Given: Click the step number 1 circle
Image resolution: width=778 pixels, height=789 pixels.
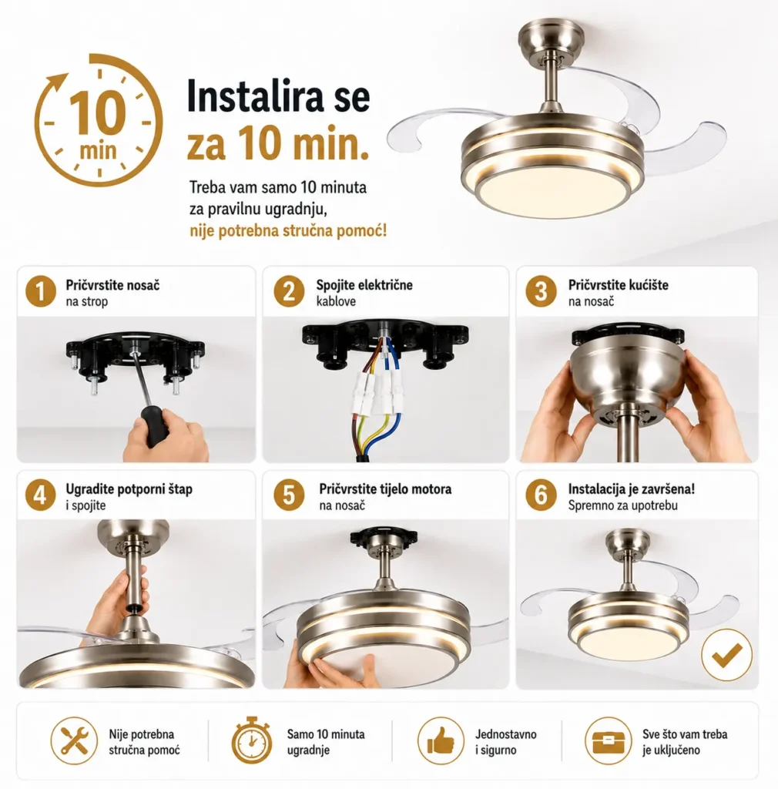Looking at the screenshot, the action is click(41, 291).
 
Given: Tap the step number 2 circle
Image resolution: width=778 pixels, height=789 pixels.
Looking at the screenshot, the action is click(289, 291).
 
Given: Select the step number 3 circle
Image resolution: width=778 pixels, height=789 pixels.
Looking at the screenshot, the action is click(541, 291).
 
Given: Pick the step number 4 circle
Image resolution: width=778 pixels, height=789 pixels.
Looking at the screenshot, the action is click(41, 495).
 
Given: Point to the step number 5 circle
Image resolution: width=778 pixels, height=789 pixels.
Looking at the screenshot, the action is click(289, 495).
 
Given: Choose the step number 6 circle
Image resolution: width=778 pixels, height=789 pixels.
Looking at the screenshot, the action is click(541, 495).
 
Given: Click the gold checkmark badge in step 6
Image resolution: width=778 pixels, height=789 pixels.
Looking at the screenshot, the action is click(726, 655).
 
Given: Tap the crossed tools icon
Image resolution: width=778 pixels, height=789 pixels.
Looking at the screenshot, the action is click(74, 740).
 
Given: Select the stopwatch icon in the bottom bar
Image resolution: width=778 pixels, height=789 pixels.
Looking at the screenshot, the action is click(252, 740).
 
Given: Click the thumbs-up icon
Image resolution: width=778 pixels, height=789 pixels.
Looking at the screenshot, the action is click(441, 740).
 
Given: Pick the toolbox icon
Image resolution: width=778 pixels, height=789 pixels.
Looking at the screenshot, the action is click(608, 740).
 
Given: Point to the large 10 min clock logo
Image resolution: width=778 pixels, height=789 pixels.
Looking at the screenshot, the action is click(99, 120).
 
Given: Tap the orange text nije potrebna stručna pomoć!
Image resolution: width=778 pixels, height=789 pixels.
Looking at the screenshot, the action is click(288, 231).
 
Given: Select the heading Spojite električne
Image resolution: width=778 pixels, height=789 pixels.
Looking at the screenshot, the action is click(364, 285).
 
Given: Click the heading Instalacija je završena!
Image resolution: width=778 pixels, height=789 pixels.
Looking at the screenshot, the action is click(631, 489).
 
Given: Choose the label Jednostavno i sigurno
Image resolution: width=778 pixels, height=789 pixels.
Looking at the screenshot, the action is click(505, 742).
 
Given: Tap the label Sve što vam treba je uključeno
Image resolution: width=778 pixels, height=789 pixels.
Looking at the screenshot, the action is click(685, 742).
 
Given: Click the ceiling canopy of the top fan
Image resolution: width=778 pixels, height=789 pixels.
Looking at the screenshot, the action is click(552, 35).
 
